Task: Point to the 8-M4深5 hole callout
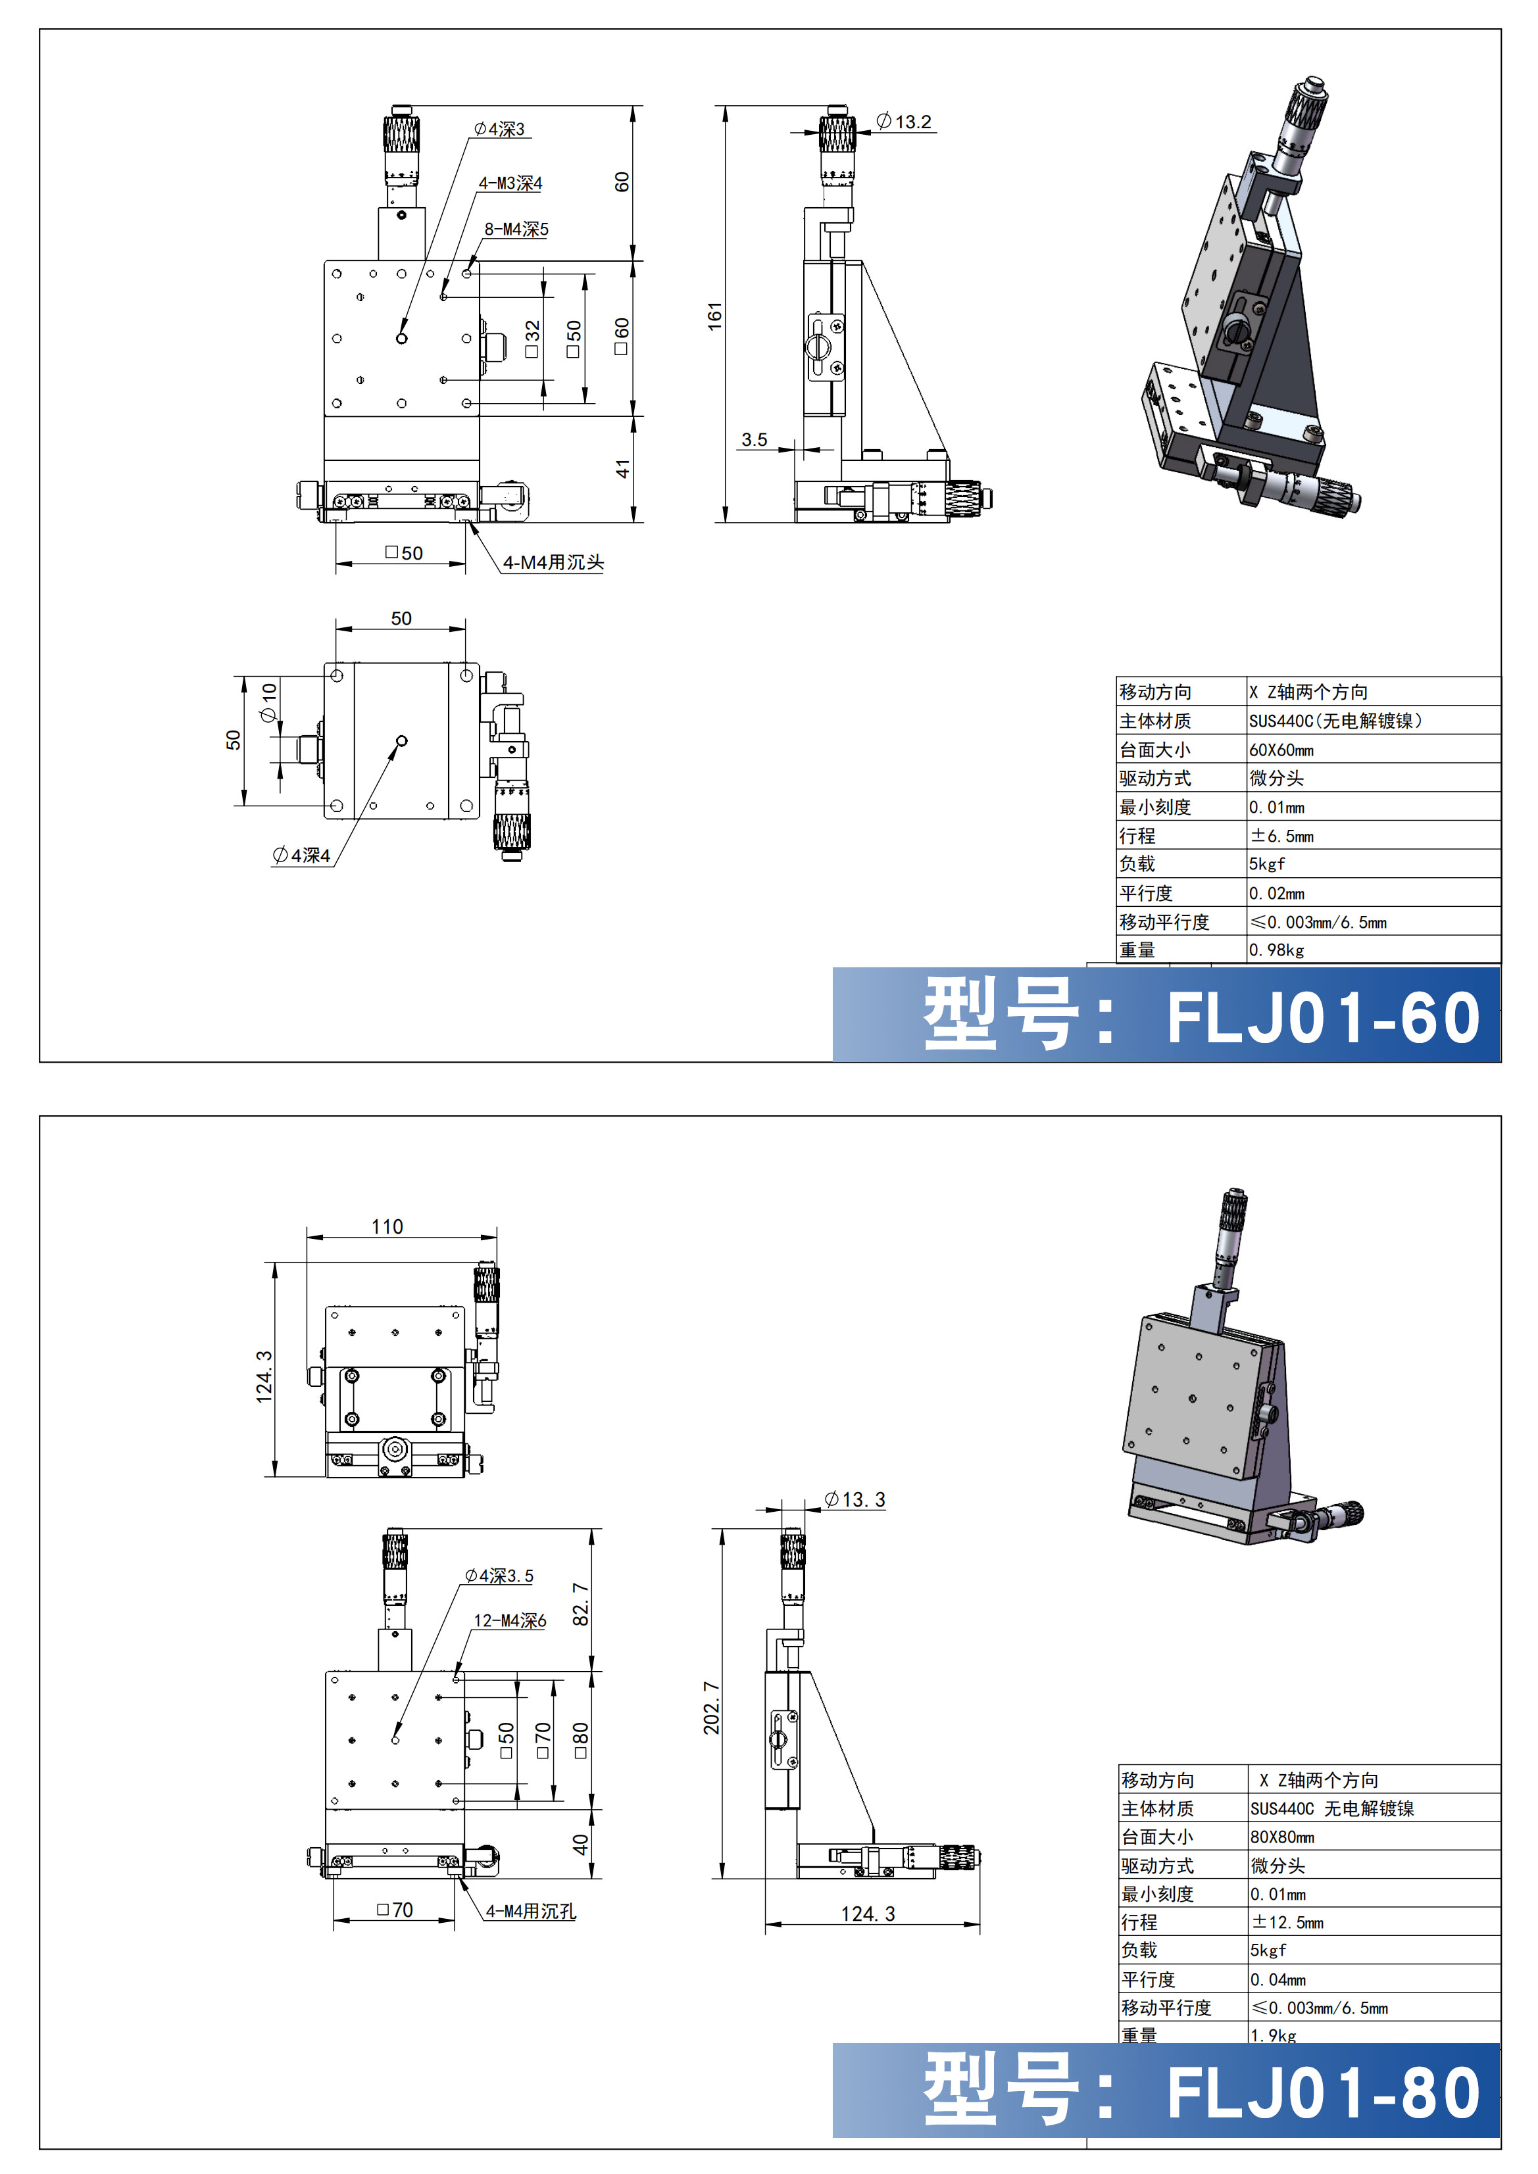tap(516, 229)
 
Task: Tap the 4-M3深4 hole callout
tap(510, 183)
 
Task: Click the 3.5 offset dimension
tap(755, 439)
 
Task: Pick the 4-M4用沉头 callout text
tap(553, 562)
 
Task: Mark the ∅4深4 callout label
tap(302, 856)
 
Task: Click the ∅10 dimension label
tap(269, 702)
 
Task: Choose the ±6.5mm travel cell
tap(1282, 836)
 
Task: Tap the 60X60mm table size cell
tap(1281, 750)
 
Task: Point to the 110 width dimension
tap(387, 1227)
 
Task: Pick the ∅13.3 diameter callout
tap(855, 1500)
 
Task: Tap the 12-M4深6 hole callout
tap(510, 1621)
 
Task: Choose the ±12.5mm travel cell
tap(1288, 1922)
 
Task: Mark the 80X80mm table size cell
tap(1282, 1837)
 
